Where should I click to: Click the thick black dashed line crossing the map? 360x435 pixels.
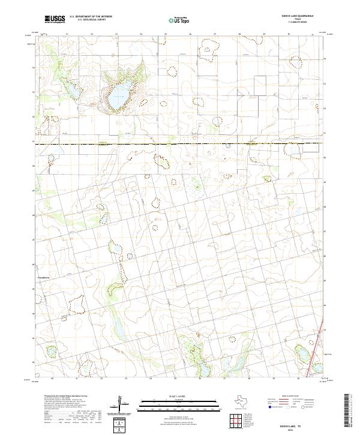tap(180, 143)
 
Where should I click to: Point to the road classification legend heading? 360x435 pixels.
tap(294, 397)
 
